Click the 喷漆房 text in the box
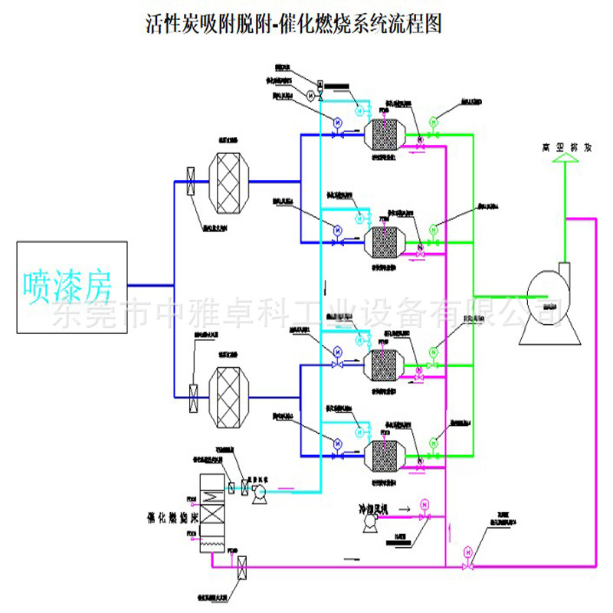[68, 285]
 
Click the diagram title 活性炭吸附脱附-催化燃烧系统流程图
[293, 25]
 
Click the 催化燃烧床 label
[163, 518]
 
